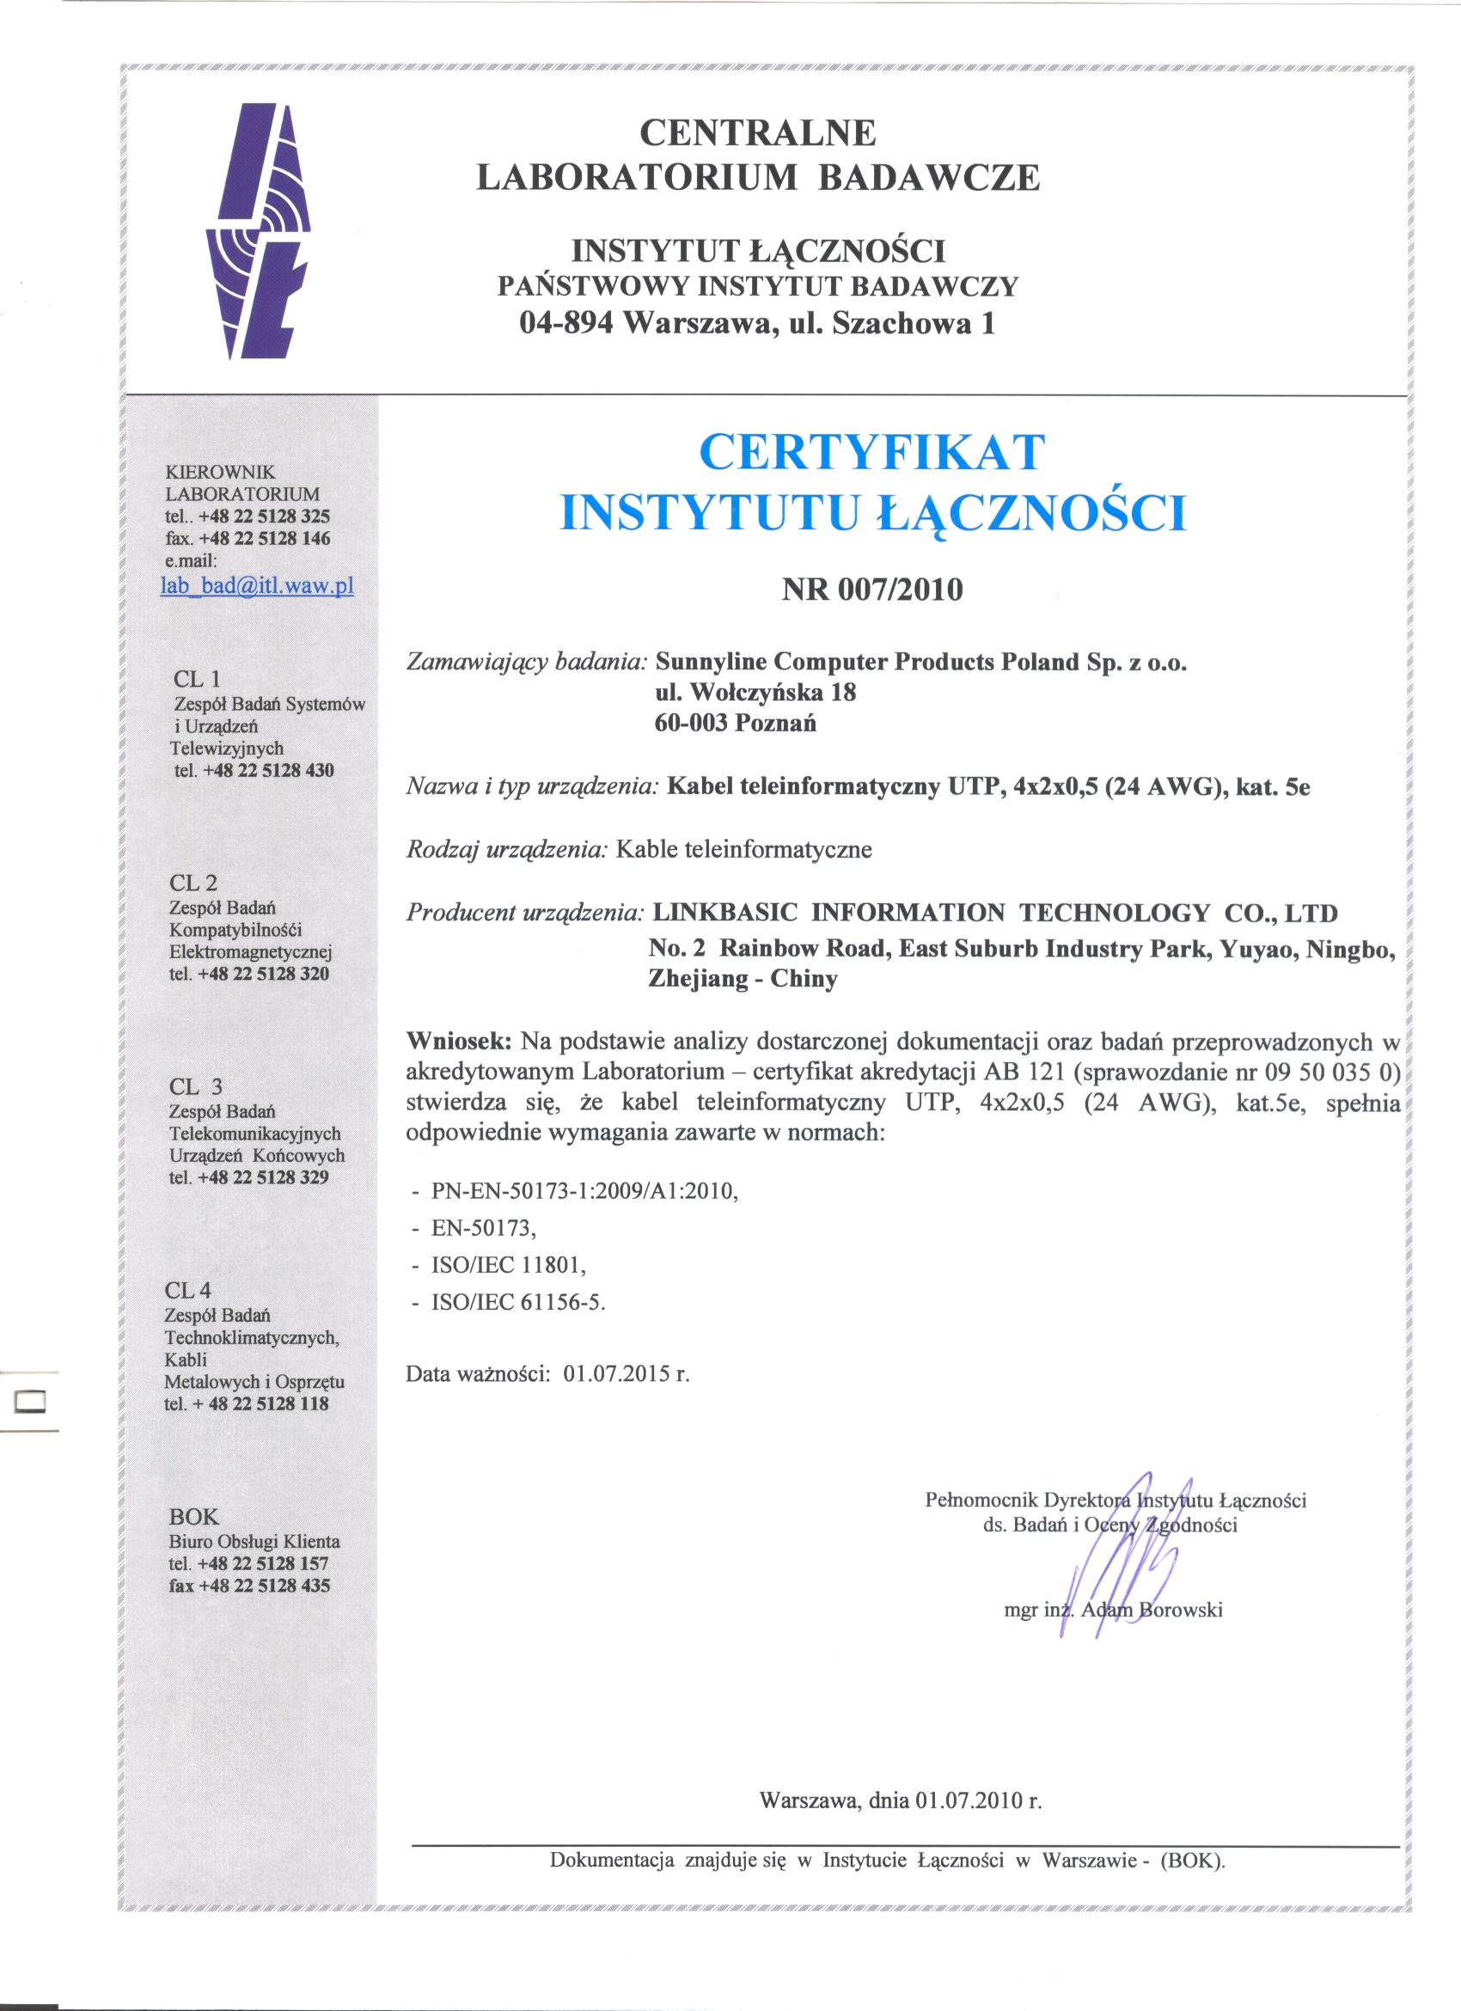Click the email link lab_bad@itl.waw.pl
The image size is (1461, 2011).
(257, 586)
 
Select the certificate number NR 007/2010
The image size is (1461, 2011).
(872, 590)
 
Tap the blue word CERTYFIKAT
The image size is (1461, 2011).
(872, 451)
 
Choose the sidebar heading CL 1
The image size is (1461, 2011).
(196, 679)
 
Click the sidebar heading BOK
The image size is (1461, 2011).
(193, 1516)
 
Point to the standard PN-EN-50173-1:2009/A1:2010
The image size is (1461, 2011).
(584, 1192)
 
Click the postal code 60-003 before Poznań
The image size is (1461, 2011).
(690, 724)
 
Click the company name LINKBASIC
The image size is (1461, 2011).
(724, 913)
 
